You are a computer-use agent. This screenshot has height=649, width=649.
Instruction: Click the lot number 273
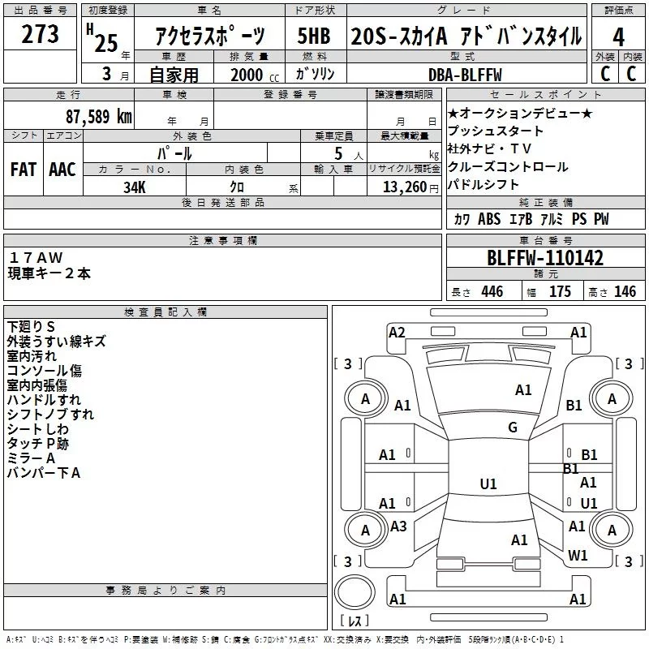pyautogui.click(x=41, y=35)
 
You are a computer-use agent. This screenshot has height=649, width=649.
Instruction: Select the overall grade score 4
pyautogui.click(x=619, y=37)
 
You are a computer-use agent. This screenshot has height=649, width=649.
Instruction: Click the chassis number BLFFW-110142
pyautogui.click(x=545, y=259)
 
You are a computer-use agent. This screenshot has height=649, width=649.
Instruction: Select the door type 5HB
pyautogui.click(x=314, y=37)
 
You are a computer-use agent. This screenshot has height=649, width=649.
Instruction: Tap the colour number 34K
pyautogui.click(x=134, y=187)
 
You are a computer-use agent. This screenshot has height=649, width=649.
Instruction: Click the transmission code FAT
pyautogui.click(x=24, y=169)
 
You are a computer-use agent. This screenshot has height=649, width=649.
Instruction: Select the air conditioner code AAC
pyautogui.click(x=62, y=169)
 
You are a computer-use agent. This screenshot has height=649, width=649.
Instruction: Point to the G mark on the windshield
pyautogui.click(x=513, y=428)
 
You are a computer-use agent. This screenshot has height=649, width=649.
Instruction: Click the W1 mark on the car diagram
pyautogui.click(x=578, y=556)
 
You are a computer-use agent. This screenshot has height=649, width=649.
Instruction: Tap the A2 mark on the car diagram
pyautogui.click(x=397, y=332)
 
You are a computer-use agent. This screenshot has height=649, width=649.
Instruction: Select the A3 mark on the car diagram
pyautogui.click(x=398, y=527)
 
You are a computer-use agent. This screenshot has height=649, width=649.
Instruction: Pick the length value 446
pyautogui.click(x=492, y=292)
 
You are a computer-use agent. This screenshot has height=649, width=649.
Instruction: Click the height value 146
pyautogui.click(x=625, y=292)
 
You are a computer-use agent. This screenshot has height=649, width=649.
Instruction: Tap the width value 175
pyautogui.click(x=560, y=292)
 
